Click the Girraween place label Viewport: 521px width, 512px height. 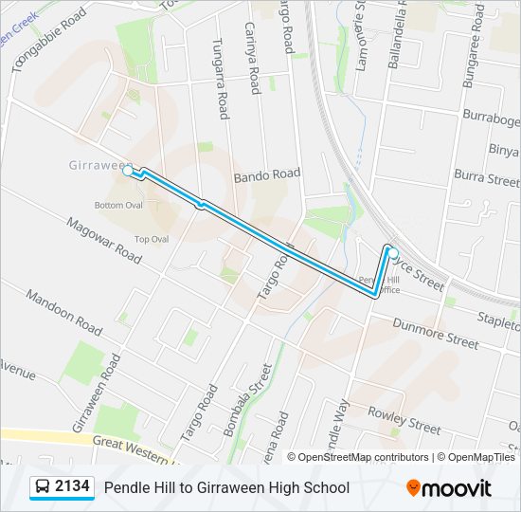tap(99, 164)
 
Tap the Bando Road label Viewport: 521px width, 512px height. tap(266, 174)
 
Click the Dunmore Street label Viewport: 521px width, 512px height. tap(436, 333)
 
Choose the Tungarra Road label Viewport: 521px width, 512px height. tap(219, 79)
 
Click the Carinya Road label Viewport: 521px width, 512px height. tap(252, 59)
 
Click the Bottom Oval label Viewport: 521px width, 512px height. tap(118, 205)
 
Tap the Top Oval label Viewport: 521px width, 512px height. tap(151, 239)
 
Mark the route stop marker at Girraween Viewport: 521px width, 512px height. tap(128, 171)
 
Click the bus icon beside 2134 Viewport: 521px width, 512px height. tap(42, 487)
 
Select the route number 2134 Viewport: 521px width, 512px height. tap(73, 487)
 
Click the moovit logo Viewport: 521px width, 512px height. tap(449, 487)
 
